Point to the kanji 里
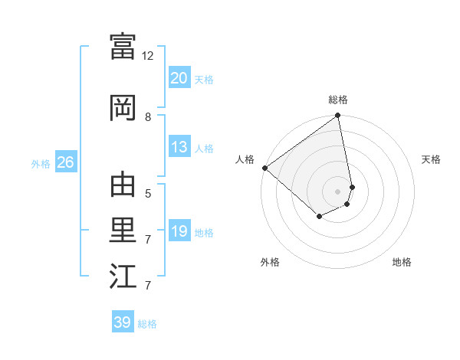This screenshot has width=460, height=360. [123, 230]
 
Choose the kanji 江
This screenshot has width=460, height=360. [123, 277]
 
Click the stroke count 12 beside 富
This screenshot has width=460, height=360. [148, 56]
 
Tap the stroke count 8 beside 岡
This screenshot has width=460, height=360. [148, 116]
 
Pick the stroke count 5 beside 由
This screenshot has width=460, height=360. [148, 193]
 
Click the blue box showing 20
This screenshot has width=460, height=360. [179, 78]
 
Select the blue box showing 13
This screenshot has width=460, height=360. [179, 148]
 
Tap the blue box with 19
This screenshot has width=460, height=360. [179, 231]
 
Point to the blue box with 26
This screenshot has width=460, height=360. [65, 162]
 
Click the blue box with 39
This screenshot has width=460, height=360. [123, 322]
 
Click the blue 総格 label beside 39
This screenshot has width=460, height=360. [147, 324]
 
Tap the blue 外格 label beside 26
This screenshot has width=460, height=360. [41, 163]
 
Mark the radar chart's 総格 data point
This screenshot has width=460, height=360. [337, 116]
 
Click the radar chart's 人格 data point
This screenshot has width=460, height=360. [264, 168]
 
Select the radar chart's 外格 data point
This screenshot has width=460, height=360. [319, 218]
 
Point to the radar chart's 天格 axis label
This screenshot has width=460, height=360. [432, 159]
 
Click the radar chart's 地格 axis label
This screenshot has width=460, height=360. [402, 262]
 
